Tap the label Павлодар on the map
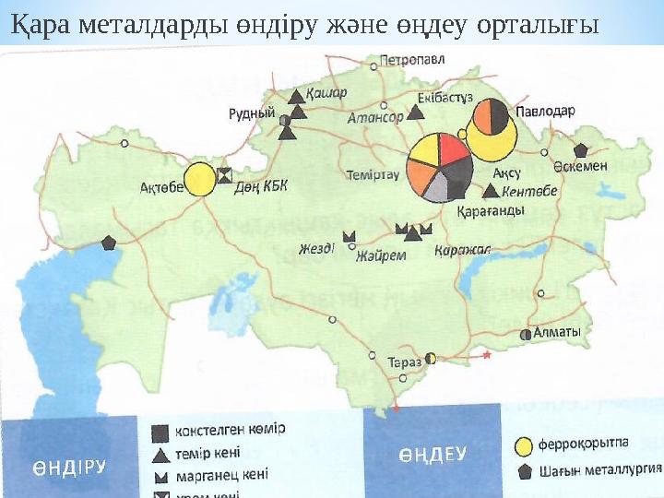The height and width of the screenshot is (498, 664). point(545,110)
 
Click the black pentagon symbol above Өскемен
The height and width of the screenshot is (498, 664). point(581,149)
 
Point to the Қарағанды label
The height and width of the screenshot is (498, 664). point(491,210)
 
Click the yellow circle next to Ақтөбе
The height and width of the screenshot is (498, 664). point(199,179)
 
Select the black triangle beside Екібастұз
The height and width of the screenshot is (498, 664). point(416,112)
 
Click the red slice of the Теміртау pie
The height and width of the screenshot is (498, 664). point(453,150)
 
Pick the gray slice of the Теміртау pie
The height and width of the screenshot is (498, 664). point(437,189)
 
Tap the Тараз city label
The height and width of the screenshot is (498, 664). point(404,362)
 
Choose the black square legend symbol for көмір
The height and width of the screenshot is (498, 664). point(159,432)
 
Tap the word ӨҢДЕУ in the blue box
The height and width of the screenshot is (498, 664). point(433,454)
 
